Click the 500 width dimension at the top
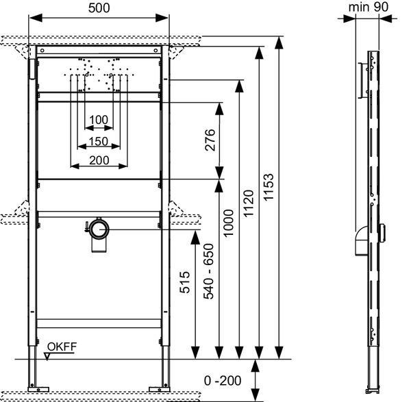pyautogui.click(x=99, y=8)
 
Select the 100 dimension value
pyautogui.click(x=99, y=120)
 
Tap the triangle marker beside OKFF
pyautogui.click(x=48, y=354)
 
